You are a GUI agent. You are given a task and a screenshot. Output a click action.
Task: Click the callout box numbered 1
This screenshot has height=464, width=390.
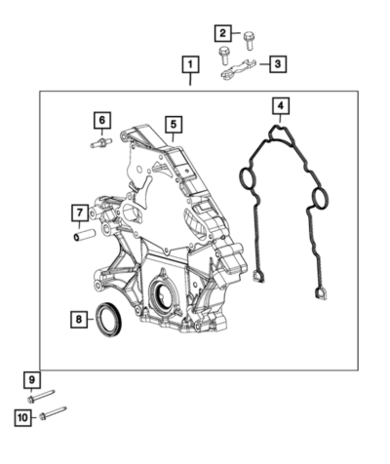[x=190, y=64]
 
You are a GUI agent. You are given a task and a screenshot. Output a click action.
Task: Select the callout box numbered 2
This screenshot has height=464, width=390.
[x=222, y=33]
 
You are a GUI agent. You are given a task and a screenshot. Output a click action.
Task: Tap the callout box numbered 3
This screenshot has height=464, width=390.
[x=278, y=64]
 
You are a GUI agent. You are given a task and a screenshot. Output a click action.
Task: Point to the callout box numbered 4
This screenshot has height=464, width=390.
[x=281, y=105]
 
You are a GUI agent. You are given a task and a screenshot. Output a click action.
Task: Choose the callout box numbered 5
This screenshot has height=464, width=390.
[x=174, y=125]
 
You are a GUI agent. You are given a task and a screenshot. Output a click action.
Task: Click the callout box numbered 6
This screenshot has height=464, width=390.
[x=102, y=121]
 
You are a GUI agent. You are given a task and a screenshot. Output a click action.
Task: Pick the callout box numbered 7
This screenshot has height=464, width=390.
[x=80, y=213]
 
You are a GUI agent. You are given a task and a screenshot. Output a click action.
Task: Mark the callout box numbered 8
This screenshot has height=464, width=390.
[x=79, y=320]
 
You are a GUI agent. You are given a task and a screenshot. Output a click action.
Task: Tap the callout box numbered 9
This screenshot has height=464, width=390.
[x=32, y=380]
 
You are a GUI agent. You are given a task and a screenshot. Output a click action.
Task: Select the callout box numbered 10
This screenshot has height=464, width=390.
[x=22, y=417]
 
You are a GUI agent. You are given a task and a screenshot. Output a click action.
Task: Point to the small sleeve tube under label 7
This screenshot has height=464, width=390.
[x=84, y=235]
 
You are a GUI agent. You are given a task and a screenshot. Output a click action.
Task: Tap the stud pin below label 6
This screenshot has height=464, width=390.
[x=101, y=143]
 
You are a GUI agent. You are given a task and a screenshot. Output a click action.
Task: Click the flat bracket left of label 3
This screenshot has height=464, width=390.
[x=239, y=69]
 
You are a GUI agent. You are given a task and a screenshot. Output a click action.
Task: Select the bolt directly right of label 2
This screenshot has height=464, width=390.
[x=250, y=41]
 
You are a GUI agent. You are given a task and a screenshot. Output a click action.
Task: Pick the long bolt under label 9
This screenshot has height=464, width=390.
[x=41, y=396]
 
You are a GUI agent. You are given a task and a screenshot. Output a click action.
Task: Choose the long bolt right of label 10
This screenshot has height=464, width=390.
[x=53, y=412]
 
